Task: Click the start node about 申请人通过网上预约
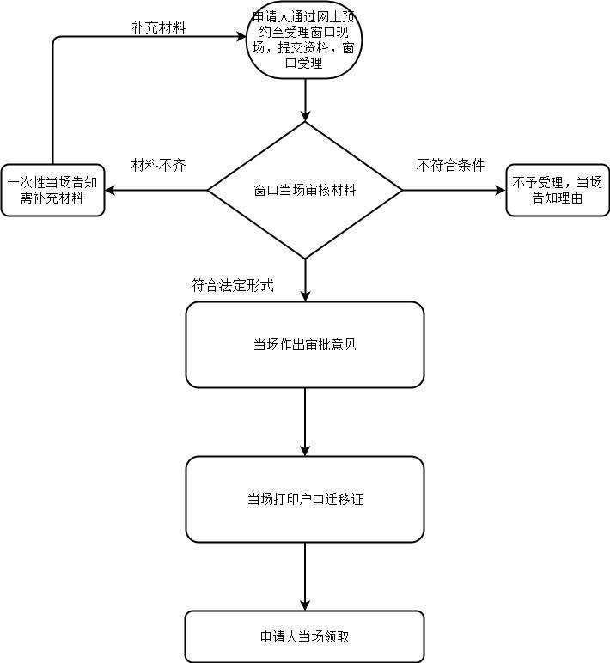click(x=305, y=40)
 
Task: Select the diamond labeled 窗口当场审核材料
click(x=305, y=190)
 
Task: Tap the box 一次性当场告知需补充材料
click(x=52, y=190)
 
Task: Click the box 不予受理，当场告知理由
click(x=558, y=190)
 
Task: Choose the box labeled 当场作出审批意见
click(x=305, y=344)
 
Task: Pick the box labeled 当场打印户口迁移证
click(x=305, y=499)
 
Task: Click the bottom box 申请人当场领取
click(x=305, y=636)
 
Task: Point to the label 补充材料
click(x=158, y=27)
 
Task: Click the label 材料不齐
click(x=158, y=164)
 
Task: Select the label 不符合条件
click(x=450, y=164)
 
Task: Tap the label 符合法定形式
click(x=233, y=285)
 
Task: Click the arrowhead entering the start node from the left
click(x=243, y=36)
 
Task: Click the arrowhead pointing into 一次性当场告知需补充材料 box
click(x=111, y=190)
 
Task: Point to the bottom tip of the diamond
click(x=305, y=258)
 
